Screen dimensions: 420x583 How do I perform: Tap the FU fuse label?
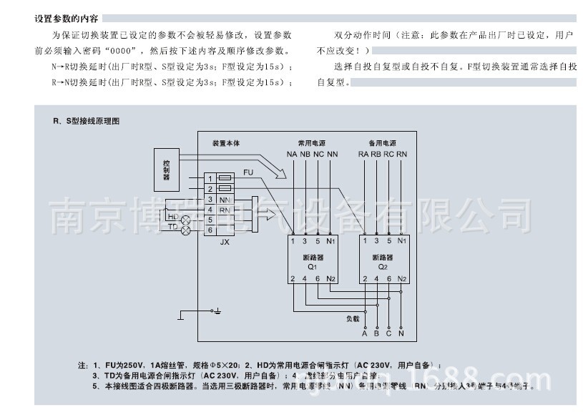(x=248, y=172)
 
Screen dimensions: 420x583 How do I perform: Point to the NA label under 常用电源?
(x=292, y=154)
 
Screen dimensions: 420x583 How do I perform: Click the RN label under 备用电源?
(x=402, y=154)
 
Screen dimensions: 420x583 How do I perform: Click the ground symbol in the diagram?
(x=217, y=311)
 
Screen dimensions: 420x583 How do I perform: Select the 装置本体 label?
(x=226, y=143)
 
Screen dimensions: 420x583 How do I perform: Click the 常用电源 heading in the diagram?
(x=312, y=143)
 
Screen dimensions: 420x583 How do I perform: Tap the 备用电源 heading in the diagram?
(x=383, y=143)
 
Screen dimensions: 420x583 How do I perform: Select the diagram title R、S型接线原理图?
(x=86, y=121)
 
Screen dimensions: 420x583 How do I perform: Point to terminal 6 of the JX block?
(x=210, y=230)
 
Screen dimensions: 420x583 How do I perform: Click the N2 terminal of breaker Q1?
(x=330, y=278)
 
